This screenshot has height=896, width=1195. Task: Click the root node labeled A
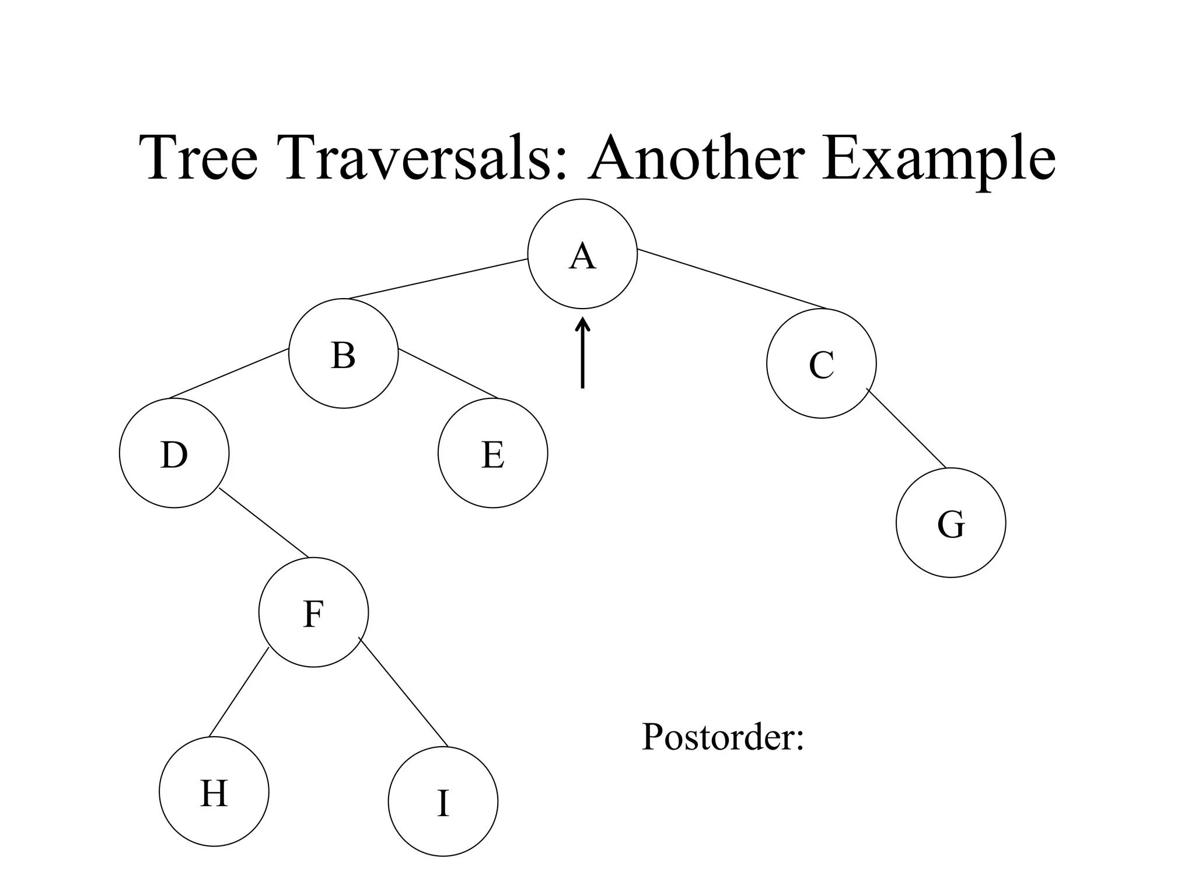pos(582,254)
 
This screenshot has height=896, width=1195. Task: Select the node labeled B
pos(343,353)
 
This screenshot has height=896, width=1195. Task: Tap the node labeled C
pos(821,363)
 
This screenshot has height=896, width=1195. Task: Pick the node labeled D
pos(174,453)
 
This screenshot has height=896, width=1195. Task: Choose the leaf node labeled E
pos(492,453)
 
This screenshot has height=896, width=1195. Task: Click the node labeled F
pos(313,612)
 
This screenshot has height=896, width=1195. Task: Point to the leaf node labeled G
pos(951,523)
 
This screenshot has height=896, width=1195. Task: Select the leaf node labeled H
pos(214,792)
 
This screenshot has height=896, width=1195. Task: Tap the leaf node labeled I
pos(443,801)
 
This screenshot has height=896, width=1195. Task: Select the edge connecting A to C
pos(732,279)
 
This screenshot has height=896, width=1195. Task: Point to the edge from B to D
pos(229,373)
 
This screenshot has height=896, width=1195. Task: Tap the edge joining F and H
pos(239,692)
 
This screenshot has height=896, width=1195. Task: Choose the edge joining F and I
pos(403,692)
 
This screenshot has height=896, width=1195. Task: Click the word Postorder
pos(722,737)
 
